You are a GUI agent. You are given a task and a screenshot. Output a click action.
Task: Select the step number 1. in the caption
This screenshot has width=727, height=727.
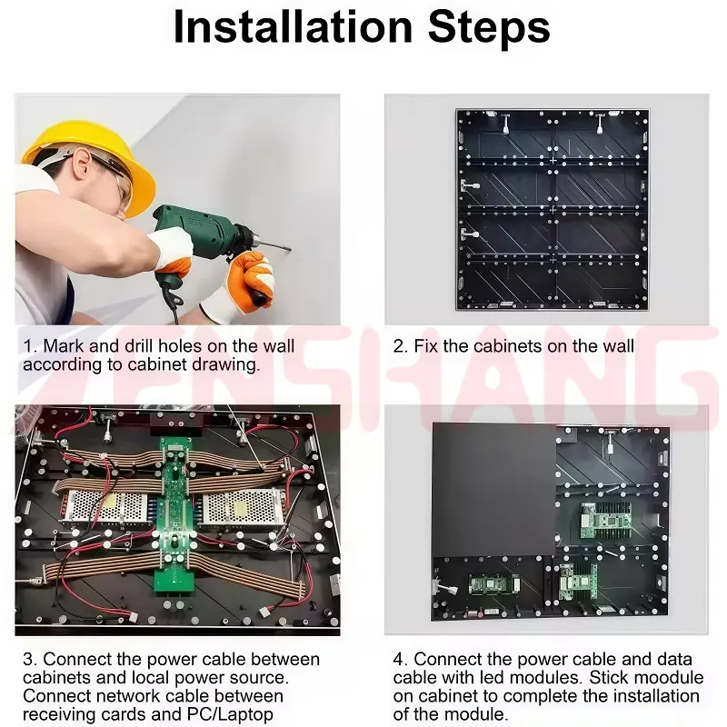pos(30,346)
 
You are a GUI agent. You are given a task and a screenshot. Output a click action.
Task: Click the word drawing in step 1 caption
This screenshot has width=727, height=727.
pos(228,364)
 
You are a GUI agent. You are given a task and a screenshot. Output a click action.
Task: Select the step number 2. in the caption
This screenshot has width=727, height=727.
pos(400,346)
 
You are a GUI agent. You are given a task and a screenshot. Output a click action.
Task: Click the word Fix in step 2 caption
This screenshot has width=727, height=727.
pos(426,346)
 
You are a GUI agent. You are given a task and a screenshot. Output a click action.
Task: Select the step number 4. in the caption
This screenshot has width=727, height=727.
pos(401,659)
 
